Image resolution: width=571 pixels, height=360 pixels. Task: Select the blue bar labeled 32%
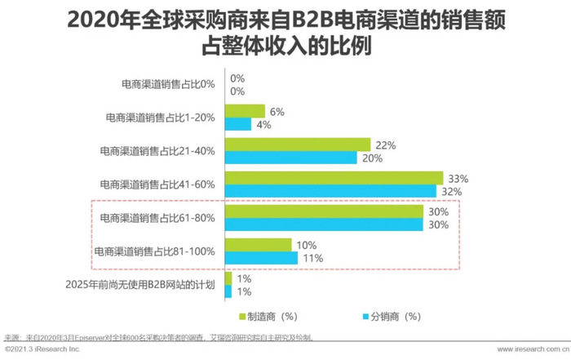click(x=330, y=190)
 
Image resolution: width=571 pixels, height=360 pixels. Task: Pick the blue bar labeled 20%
click(x=290, y=158)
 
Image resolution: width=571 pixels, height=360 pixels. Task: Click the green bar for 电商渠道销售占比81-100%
click(x=257, y=245)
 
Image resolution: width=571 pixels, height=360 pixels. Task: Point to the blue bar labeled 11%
click(x=260, y=258)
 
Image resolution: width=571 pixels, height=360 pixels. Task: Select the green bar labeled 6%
click(x=244, y=111)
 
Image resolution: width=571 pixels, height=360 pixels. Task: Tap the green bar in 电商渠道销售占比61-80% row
click(x=324, y=211)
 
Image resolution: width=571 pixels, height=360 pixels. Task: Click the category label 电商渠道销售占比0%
click(x=167, y=84)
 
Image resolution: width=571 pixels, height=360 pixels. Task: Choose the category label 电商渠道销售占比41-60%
click(x=157, y=184)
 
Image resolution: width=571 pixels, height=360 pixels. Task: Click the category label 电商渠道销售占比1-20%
click(x=161, y=118)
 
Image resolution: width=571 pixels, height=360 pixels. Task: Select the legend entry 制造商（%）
click(x=270, y=316)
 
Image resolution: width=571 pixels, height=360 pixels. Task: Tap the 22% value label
click(x=386, y=145)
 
